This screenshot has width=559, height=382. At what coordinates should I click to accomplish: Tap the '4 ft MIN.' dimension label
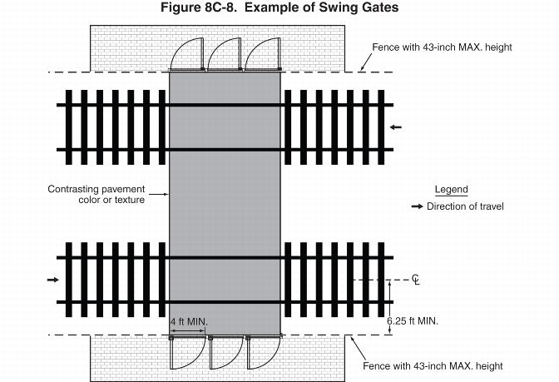(189, 321)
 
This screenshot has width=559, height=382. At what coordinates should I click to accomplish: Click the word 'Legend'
(451, 190)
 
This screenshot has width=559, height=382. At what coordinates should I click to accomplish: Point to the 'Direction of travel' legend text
(465, 206)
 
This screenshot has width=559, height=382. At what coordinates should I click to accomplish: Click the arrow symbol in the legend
(418, 206)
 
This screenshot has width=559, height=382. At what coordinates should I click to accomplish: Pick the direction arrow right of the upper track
(396, 127)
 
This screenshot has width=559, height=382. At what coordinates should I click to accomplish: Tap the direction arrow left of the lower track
(52, 280)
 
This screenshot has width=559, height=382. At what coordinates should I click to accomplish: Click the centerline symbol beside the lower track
(416, 280)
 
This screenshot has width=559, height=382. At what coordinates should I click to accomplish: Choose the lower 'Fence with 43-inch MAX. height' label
(433, 366)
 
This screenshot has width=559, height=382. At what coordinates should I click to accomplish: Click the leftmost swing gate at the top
(186, 54)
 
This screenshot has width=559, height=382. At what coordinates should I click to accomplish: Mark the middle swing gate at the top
(224, 54)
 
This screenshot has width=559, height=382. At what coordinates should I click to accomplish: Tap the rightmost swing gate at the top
(261, 54)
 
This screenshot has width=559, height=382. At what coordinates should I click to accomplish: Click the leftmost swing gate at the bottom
(187, 353)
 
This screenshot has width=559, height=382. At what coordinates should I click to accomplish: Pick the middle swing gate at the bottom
(225, 353)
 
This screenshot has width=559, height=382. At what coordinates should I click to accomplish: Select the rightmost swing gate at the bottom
(264, 353)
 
